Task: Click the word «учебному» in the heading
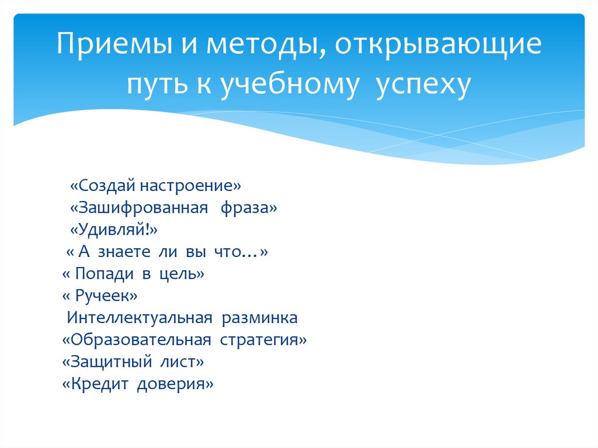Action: [x=290, y=85]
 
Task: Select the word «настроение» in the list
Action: [x=190, y=186]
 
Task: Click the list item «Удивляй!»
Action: [x=114, y=230]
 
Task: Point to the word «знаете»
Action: [x=124, y=252]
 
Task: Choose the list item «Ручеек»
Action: [x=100, y=296]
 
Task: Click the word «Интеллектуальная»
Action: [x=140, y=318]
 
